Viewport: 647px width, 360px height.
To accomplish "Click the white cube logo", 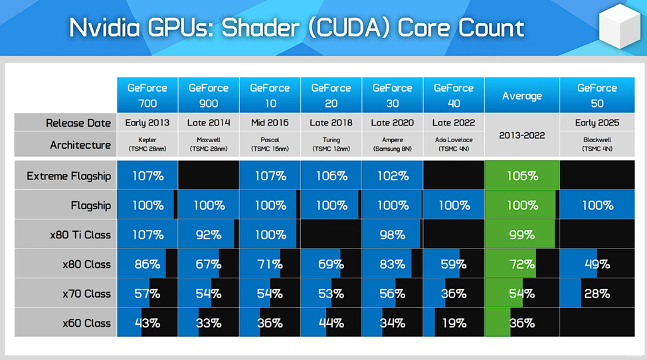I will [x=618, y=29].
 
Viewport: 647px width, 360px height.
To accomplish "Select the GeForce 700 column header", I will [x=147, y=95].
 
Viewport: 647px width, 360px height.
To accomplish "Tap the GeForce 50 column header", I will [x=597, y=95].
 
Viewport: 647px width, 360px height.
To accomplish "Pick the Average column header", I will [x=521, y=96].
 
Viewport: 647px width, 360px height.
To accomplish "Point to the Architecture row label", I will [x=80, y=145].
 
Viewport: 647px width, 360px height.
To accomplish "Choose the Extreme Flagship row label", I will [x=68, y=176].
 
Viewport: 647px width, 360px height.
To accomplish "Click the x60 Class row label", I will [x=86, y=323].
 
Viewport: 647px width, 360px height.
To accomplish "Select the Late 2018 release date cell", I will [x=331, y=123].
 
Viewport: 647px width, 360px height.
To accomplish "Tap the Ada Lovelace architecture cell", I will [x=454, y=144].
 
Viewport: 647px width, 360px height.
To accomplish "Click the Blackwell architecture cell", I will [x=597, y=144].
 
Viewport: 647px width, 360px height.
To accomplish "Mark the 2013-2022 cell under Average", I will [x=521, y=135].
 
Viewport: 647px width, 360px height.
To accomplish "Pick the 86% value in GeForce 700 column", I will [x=147, y=264].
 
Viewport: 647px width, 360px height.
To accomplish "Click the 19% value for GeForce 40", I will [x=454, y=323].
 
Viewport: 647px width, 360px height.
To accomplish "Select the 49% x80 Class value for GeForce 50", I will [x=597, y=264].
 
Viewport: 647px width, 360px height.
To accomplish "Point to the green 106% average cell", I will [x=521, y=176].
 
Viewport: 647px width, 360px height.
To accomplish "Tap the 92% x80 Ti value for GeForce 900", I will [x=209, y=234].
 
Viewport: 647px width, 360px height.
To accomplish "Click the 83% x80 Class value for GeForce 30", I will [x=393, y=264].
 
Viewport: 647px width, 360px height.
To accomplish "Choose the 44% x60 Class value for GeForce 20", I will [x=331, y=323].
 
